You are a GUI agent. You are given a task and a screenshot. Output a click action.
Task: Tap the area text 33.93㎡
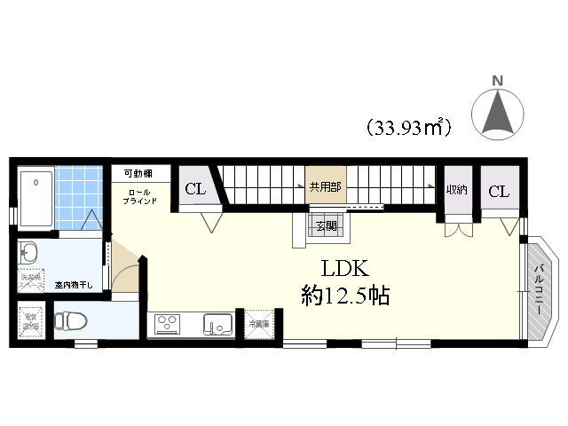click(409, 127)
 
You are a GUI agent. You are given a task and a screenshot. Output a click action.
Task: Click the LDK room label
click(338, 267)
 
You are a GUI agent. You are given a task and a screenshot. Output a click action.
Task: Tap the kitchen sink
click(216, 324)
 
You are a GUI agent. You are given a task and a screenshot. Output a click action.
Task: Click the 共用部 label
click(324, 187)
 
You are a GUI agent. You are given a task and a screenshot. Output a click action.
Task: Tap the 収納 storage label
click(457, 189)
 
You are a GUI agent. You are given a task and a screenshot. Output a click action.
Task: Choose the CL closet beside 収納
click(499, 191)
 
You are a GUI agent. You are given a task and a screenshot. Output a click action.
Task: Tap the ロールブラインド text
click(140, 196)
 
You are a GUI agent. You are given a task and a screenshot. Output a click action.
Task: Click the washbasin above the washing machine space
click(29, 251)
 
